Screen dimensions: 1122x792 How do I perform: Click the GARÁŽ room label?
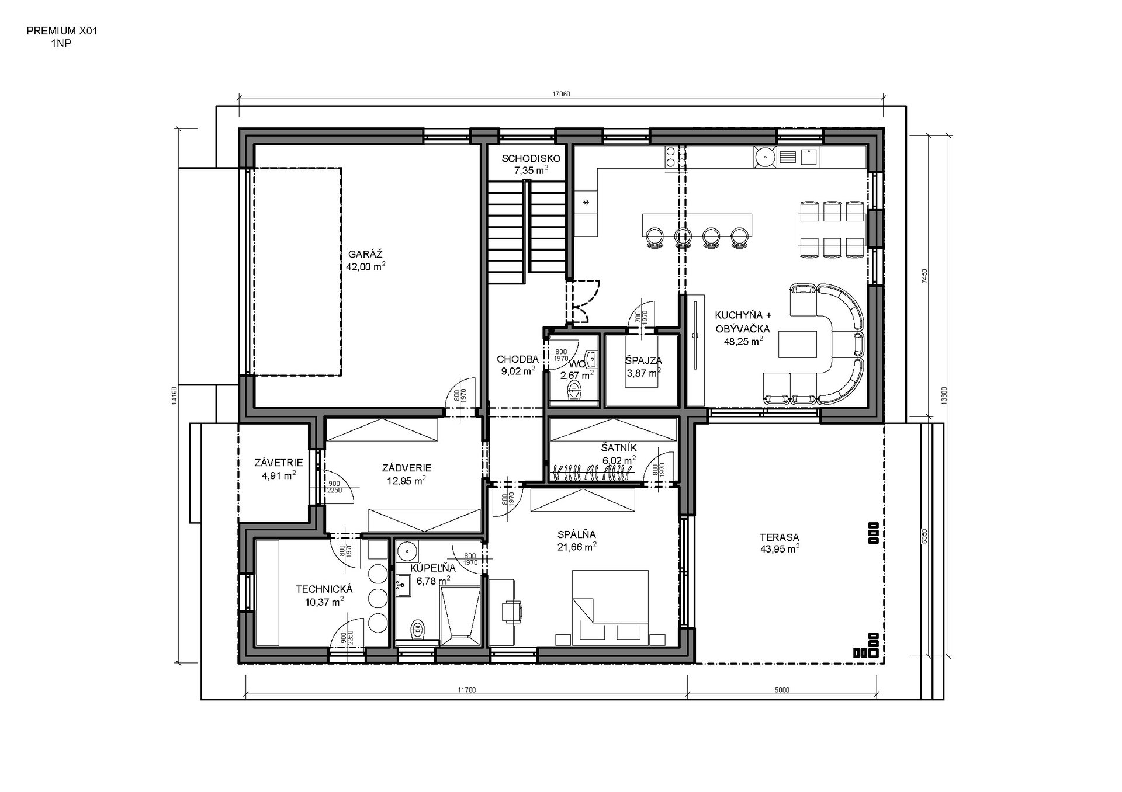[x=365, y=254]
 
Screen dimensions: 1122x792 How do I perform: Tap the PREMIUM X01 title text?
[x=62, y=32]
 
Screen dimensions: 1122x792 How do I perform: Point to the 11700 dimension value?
[x=467, y=690]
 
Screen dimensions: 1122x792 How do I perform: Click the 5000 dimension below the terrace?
[x=782, y=690]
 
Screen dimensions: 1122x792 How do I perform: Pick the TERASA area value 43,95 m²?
[x=780, y=548]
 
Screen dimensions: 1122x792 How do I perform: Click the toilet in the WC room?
[x=576, y=390]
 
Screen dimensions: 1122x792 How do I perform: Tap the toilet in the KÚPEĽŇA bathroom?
[x=418, y=630]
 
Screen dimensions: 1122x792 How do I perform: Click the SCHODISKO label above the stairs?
[x=531, y=158]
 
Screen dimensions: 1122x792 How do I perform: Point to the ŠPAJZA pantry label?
[x=643, y=360]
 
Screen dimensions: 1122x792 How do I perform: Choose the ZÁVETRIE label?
[x=279, y=463]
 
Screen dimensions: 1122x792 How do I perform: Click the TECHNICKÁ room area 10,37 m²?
[x=324, y=601]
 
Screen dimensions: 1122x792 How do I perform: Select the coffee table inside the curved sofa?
[x=798, y=344]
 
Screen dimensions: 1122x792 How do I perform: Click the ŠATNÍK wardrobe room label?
[x=619, y=448]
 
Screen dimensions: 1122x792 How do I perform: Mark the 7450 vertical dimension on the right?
[x=924, y=276]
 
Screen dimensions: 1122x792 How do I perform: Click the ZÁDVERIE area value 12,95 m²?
[x=406, y=481]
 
